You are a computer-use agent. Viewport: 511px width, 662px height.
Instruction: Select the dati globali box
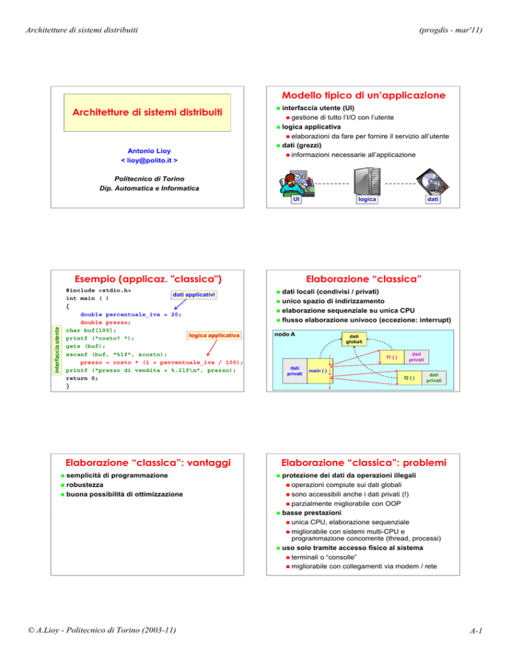coord(351,340)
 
